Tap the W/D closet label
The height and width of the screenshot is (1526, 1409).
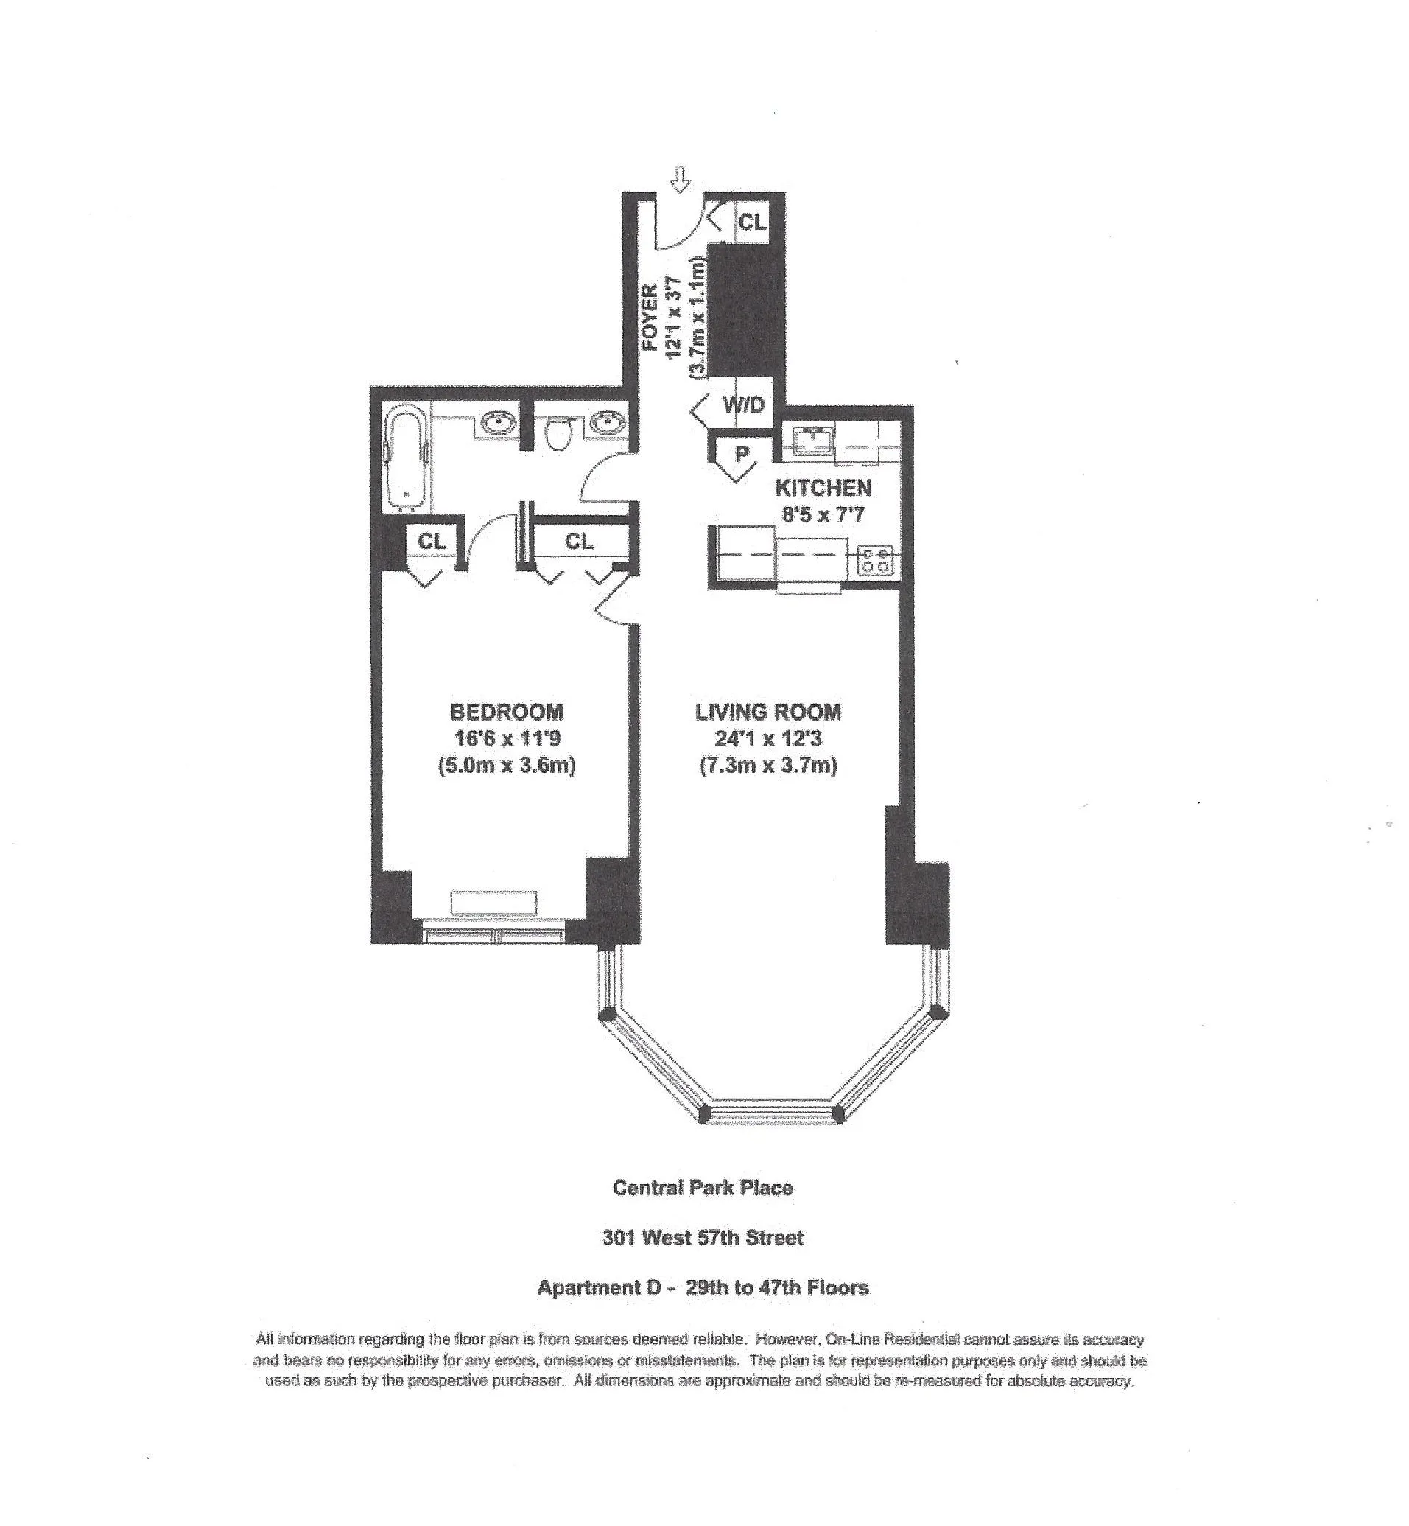click(743, 405)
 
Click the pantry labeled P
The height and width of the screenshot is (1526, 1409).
click(740, 455)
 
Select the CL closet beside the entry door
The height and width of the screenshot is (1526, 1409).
click(752, 222)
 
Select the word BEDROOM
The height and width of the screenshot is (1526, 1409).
click(506, 713)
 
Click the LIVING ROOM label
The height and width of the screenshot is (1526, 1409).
click(767, 713)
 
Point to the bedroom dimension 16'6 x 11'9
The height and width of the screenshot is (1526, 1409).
click(507, 738)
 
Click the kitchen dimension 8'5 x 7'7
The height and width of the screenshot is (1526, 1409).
click(823, 515)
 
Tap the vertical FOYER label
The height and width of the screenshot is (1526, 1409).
click(650, 317)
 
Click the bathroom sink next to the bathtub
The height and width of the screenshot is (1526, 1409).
click(499, 421)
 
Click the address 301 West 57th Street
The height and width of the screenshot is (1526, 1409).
click(703, 1238)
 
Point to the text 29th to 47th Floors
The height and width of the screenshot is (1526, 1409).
click(777, 1288)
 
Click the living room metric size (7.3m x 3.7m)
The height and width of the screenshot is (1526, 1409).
click(767, 765)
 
